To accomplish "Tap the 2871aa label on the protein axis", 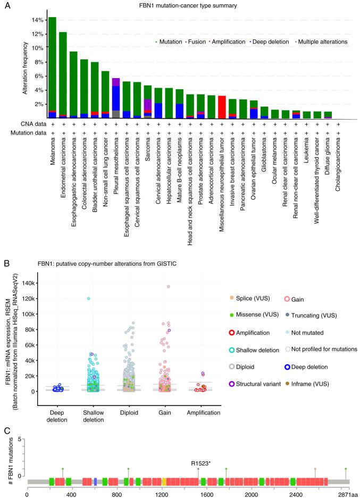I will [x=348, y=494].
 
